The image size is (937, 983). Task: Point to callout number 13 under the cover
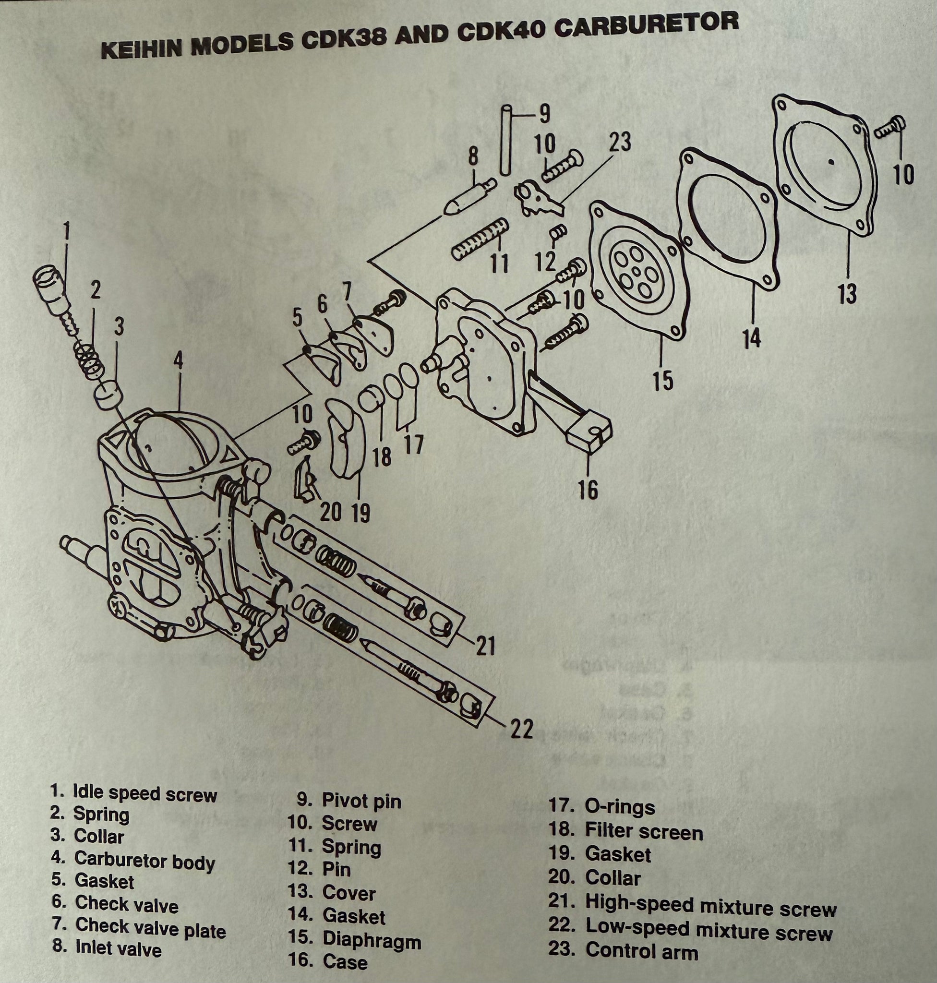point(847,293)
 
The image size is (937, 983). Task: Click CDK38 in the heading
point(343,41)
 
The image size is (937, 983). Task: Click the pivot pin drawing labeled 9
point(506,140)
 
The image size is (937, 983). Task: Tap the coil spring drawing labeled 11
point(480,239)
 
